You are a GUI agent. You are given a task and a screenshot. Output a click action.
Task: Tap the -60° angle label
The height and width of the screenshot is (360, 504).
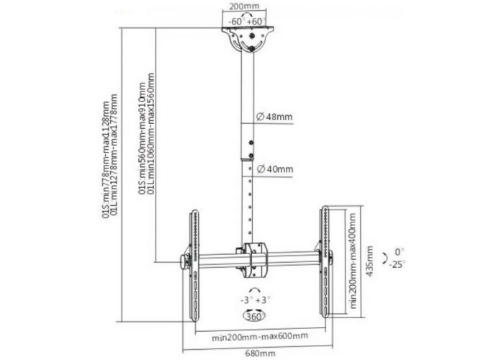tap(237, 22)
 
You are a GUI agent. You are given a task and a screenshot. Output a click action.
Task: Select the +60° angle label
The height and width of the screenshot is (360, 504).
tap(256, 22)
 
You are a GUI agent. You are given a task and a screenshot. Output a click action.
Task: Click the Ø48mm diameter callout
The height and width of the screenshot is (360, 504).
tap(274, 117)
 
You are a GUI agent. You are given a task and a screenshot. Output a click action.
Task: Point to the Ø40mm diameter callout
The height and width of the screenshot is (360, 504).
tap(275, 168)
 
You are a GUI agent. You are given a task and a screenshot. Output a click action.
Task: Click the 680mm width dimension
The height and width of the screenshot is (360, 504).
tap(261, 354)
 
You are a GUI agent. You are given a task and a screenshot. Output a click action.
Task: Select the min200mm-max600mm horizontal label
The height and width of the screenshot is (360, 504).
tap(260, 336)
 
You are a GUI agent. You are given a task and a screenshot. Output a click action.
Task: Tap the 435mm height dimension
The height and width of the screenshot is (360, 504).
tap(370, 261)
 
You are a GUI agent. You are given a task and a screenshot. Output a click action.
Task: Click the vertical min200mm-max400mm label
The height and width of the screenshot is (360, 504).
tap(354, 261)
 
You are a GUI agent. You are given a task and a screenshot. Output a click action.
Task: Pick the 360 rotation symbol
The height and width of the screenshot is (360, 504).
tap(254, 316)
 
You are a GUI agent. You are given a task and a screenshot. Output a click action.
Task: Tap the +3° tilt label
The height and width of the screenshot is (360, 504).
tap(263, 300)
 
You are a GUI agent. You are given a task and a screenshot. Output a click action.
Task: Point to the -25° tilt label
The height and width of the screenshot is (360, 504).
tap(397, 265)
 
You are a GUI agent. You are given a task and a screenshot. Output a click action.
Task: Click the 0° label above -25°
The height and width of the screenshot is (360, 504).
tap(400, 252)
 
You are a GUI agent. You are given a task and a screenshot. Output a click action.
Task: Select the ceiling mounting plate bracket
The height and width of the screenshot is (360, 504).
tap(248, 38)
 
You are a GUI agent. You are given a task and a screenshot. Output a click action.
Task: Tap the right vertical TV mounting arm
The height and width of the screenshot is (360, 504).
tap(325, 261)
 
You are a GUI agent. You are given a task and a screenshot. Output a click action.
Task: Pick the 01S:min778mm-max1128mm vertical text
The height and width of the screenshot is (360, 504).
tap(106, 160)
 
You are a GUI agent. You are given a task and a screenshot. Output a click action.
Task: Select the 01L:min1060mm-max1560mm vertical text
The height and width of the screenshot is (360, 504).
tap(150, 134)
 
